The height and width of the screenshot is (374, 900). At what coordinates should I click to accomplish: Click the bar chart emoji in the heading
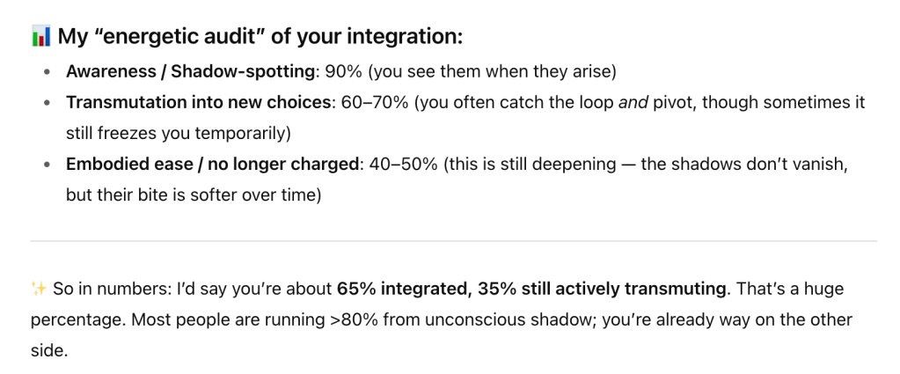(x=40, y=37)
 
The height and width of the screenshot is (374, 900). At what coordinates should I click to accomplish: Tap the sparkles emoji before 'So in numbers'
(x=39, y=289)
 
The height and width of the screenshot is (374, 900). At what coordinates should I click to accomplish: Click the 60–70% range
(x=375, y=102)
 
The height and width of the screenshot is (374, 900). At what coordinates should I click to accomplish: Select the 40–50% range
(x=404, y=165)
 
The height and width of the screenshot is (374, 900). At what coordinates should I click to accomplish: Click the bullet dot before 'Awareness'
(x=47, y=72)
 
